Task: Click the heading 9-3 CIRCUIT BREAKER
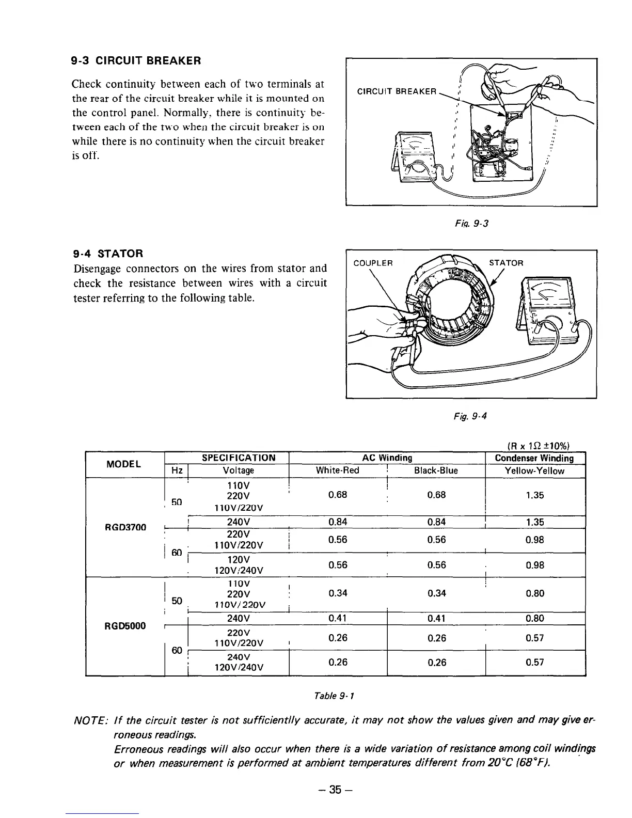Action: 135,61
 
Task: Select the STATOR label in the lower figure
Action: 507,263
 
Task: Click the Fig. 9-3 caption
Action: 470,224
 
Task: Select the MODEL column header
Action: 123,464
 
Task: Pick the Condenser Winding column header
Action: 534,458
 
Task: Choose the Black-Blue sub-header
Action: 436,470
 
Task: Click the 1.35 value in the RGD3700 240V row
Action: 534,522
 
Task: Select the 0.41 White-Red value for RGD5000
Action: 337,618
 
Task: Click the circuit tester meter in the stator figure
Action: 546,310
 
